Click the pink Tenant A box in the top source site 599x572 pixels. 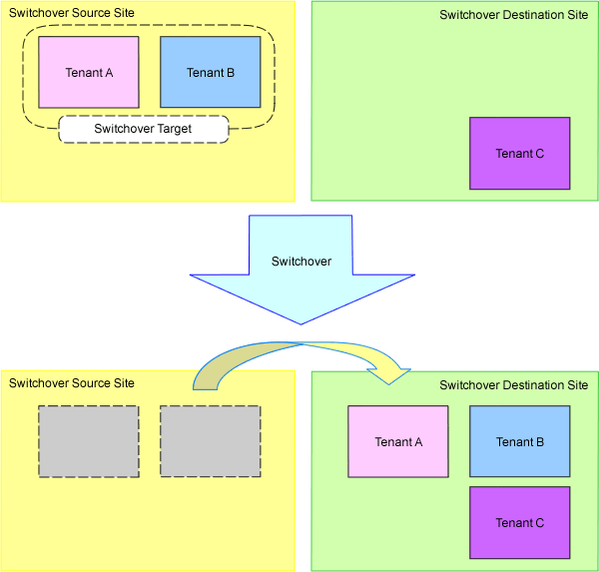point(89,72)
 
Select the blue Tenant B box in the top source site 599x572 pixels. point(211,72)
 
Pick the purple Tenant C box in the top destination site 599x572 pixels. point(520,154)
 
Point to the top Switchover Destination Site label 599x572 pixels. point(513,15)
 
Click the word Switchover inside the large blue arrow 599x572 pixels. point(301,262)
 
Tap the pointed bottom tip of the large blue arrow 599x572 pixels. point(300,322)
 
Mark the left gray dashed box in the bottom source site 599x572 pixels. point(89,442)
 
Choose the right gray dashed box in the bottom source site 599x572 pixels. point(211,442)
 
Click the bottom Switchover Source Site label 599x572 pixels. point(71,383)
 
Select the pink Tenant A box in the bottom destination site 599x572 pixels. point(398,442)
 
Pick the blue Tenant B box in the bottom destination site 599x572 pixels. point(520,442)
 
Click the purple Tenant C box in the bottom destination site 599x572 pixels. point(520,522)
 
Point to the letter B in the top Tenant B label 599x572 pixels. point(231,73)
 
